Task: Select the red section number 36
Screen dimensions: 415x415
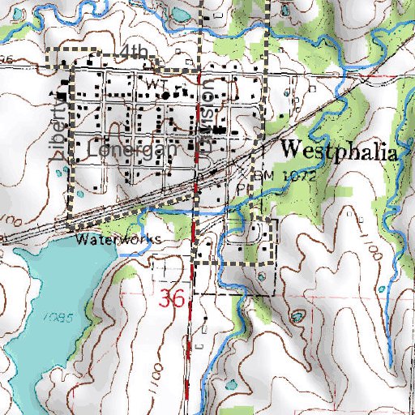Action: pyautogui.click(x=173, y=298)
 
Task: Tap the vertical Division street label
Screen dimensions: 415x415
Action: pyautogui.click(x=207, y=118)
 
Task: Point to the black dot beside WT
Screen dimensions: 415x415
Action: pyautogui.click(x=167, y=95)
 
